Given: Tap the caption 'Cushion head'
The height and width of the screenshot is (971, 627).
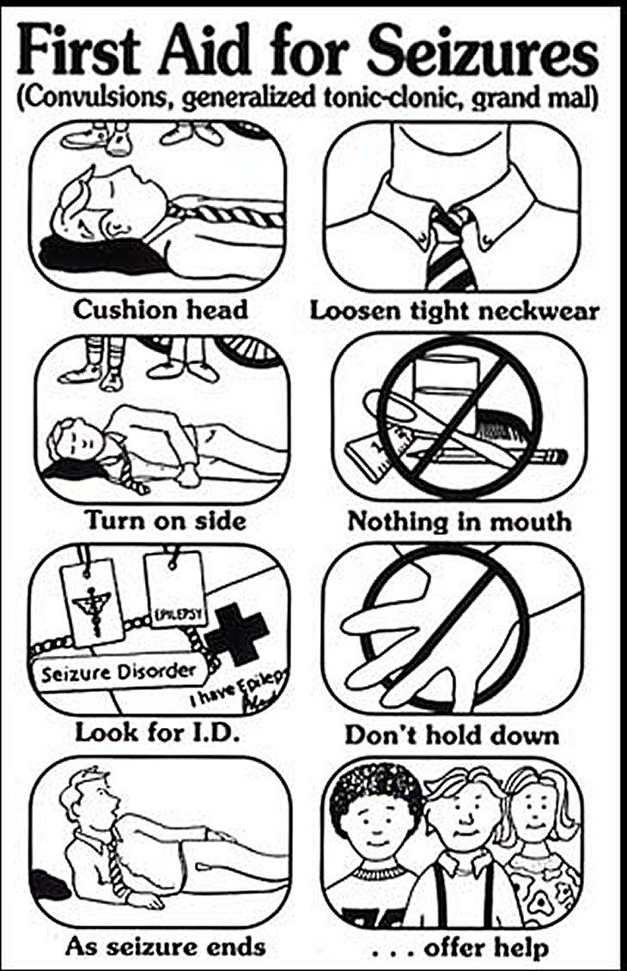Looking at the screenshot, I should pos(160,309).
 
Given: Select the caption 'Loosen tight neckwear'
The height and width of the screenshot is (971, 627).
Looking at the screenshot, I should pos(454,310).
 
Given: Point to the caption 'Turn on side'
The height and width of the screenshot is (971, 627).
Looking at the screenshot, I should pos(165,520).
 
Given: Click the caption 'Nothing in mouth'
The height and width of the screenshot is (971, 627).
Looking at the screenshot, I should pos(458,521).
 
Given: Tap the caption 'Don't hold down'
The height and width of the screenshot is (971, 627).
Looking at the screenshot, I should pos(452,735).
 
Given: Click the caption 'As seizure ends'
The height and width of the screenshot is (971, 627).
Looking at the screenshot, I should pos(165,947).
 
